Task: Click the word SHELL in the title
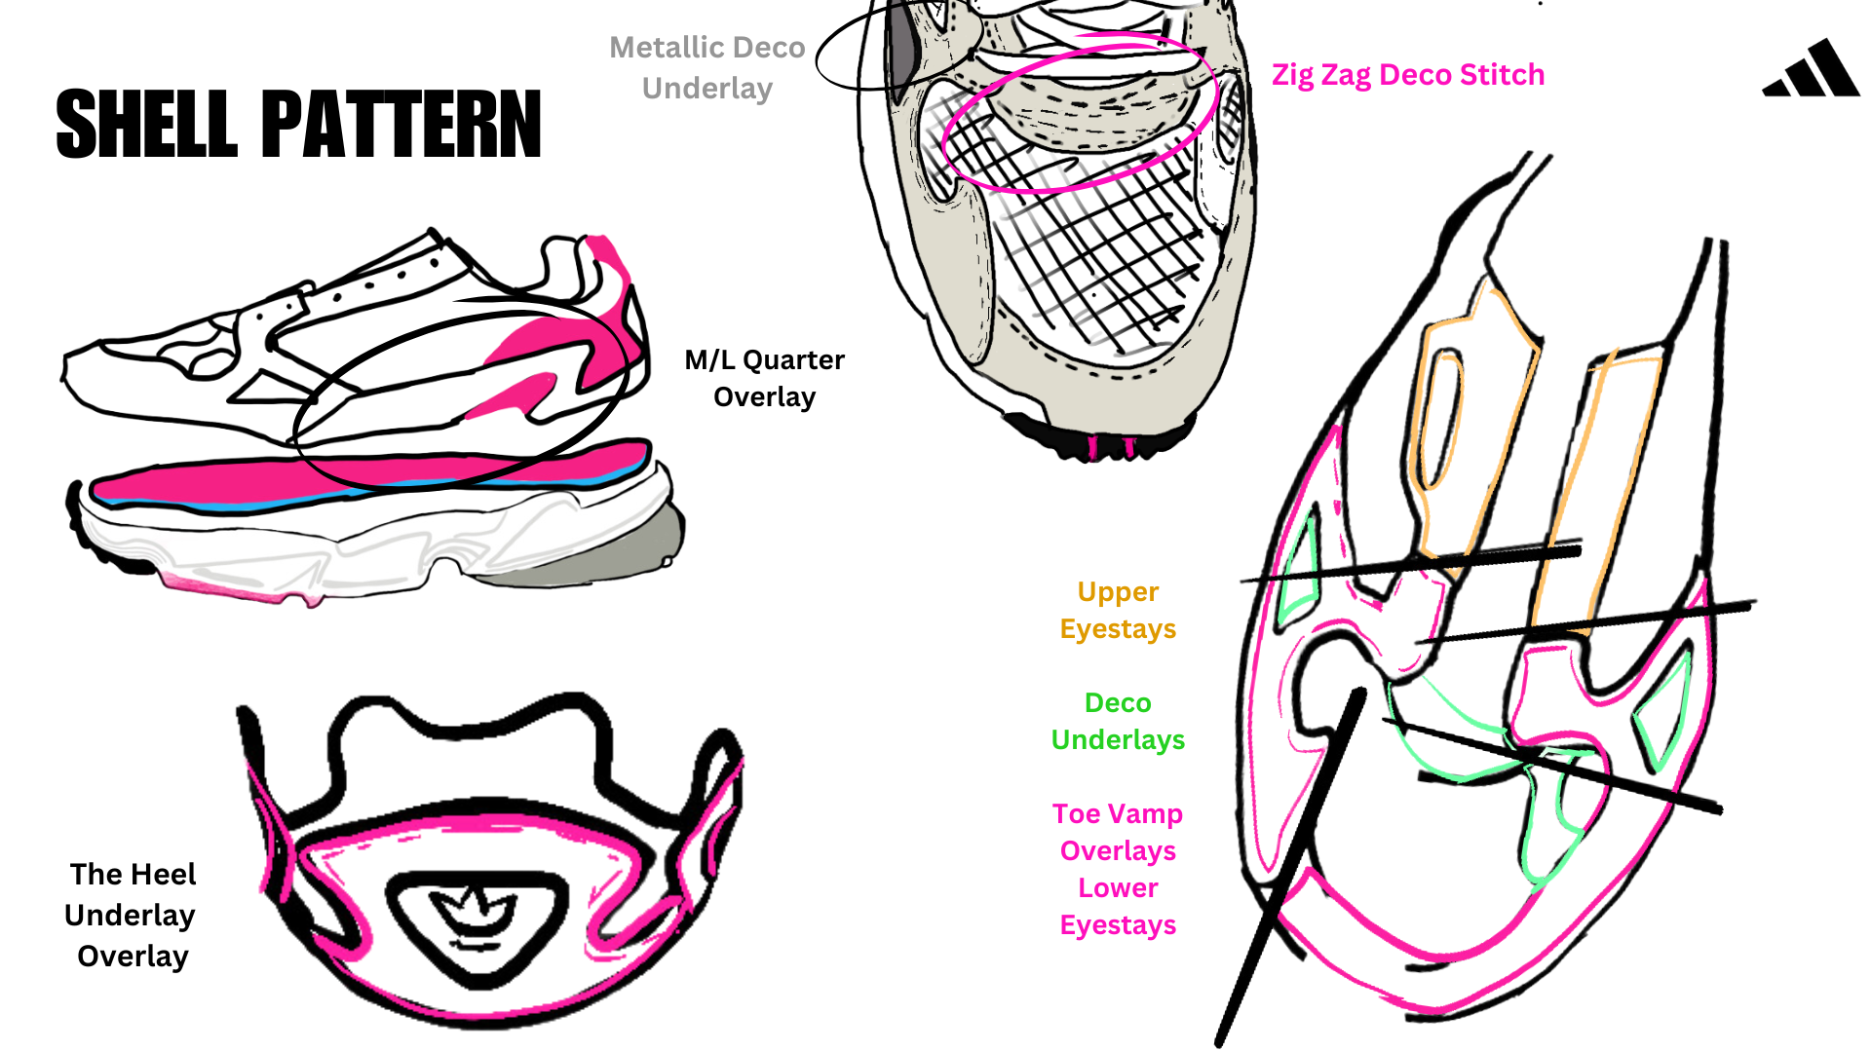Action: point(146,124)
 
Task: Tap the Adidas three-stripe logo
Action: point(1812,70)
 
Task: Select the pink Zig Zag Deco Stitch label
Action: point(1407,75)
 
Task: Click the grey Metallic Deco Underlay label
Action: point(707,67)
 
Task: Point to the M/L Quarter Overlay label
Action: point(764,378)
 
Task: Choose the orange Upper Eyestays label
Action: point(1118,610)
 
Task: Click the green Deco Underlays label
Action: point(1118,721)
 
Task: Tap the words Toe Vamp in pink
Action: point(1118,813)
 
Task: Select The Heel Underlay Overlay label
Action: point(132,915)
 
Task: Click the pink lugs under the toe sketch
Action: point(1111,448)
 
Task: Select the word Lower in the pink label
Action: point(1118,887)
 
